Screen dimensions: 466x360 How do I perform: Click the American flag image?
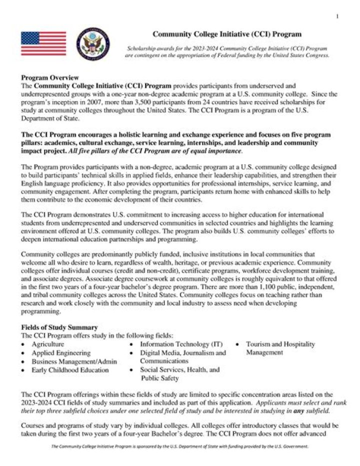click(43, 43)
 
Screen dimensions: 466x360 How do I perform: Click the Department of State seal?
click(93, 44)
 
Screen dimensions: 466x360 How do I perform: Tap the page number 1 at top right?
click(337, 17)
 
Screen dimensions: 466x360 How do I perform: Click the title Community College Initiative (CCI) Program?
click(226, 34)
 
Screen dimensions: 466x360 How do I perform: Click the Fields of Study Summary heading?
click(59, 327)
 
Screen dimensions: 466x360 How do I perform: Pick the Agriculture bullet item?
click(47, 344)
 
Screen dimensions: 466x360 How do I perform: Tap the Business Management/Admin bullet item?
click(74, 361)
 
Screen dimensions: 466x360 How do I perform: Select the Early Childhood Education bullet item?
click(70, 370)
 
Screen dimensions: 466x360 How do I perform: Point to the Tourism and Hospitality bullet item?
click(280, 344)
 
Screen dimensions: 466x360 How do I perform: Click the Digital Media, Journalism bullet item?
click(182, 353)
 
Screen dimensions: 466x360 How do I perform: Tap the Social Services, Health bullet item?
click(179, 370)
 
